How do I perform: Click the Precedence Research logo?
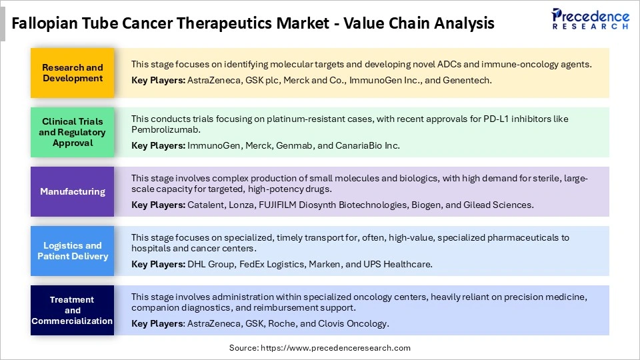(589, 19)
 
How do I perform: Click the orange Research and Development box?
(73, 73)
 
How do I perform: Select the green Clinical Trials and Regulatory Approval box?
(73, 132)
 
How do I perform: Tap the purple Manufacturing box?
(73, 191)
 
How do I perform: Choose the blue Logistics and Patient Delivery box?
(73, 251)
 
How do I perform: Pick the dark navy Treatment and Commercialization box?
(73, 310)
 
